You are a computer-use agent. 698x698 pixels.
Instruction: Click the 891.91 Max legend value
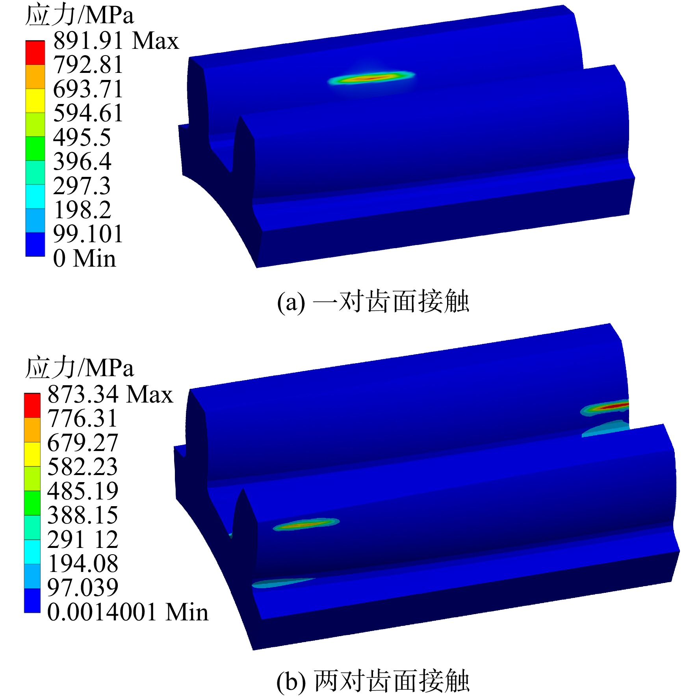click(x=116, y=41)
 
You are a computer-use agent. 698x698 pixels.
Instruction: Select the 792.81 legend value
click(x=88, y=65)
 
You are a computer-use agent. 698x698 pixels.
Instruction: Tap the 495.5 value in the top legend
click(x=82, y=137)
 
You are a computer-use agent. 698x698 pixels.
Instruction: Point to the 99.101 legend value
click(x=88, y=234)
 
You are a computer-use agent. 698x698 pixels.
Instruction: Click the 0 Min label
click(x=84, y=258)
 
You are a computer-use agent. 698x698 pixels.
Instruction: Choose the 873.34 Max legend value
click(x=110, y=394)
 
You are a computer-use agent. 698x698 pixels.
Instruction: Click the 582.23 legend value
click(x=82, y=467)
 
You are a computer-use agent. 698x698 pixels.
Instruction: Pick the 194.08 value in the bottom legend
click(x=83, y=564)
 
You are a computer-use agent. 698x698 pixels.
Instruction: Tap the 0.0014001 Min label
click(x=128, y=612)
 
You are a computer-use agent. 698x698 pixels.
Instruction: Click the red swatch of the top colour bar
click(x=35, y=52)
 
